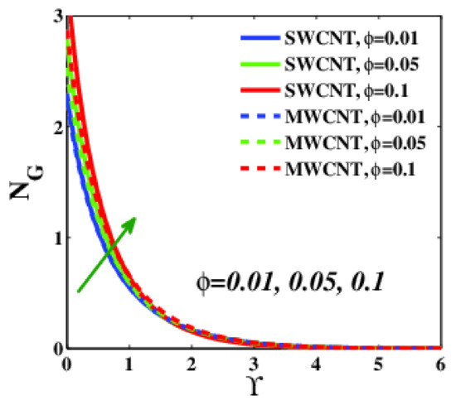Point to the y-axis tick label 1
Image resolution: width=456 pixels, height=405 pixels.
54,239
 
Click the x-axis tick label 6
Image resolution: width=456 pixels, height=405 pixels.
439,364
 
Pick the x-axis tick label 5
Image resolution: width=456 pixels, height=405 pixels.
377,364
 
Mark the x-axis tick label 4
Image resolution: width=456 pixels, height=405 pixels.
315,364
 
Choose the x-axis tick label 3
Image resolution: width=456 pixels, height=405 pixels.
253,364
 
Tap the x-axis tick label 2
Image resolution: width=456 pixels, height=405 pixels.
191,364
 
